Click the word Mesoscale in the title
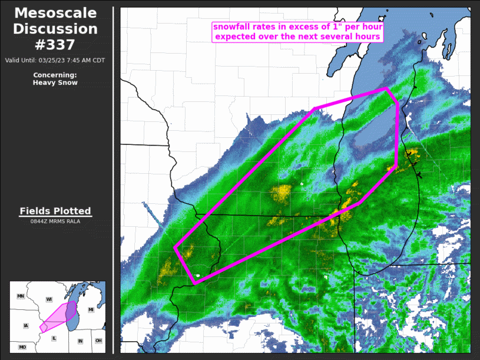click(55, 13)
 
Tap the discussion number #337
click(55, 45)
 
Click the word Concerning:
click(55, 75)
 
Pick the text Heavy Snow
click(55, 82)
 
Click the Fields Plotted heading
click(55, 211)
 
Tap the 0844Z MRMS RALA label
click(55, 222)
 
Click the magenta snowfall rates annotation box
click(298, 32)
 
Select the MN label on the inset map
click(21, 296)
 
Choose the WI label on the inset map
click(49, 299)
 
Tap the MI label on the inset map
click(91, 309)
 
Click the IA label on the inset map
click(25, 325)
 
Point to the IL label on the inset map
click(54, 338)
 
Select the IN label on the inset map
click(80, 341)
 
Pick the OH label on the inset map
click(98, 341)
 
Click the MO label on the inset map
click(22, 348)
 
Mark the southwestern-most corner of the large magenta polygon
click(194, 283)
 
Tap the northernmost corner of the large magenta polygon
click(386, 89)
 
